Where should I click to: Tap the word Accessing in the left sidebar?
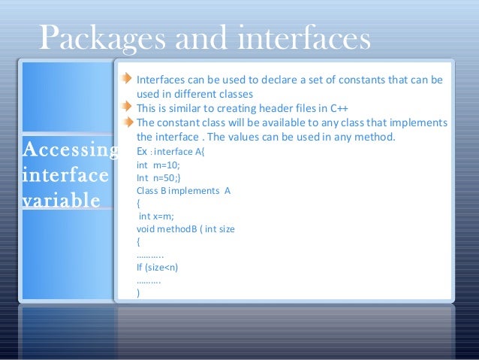70,150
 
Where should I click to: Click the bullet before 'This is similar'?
128,108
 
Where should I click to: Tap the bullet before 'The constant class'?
128,123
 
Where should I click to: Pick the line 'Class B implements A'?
183,191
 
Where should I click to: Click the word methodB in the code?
179,228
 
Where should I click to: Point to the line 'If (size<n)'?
157,267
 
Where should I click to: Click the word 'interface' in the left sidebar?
64,176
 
